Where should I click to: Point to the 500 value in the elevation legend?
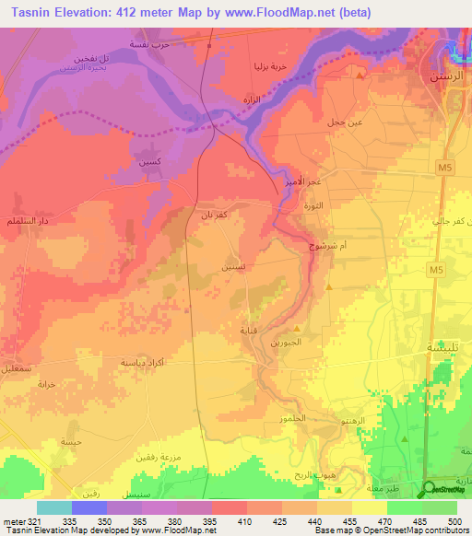[452, 520]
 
